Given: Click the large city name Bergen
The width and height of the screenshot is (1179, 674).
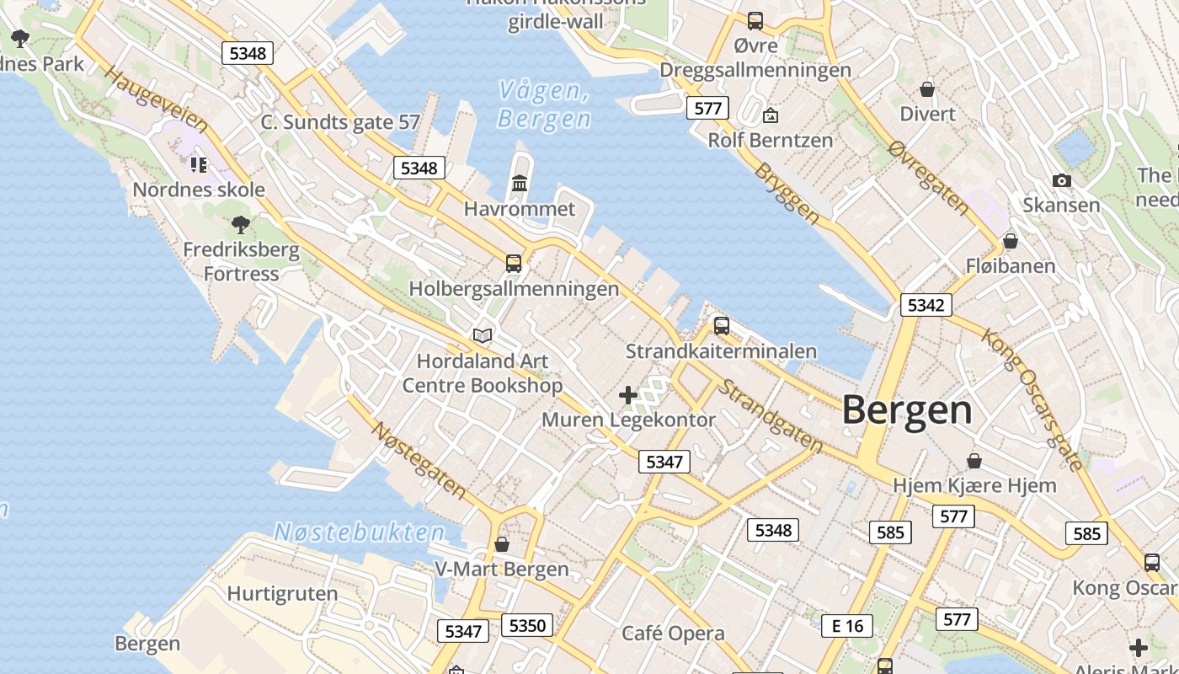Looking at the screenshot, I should (x=907, y=411).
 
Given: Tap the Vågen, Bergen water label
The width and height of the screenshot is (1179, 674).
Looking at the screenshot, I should (x=544, y=104).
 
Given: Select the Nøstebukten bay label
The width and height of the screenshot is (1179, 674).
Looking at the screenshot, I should (x=360, y=532).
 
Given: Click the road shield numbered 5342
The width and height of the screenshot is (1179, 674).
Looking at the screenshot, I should (x=926, y=305).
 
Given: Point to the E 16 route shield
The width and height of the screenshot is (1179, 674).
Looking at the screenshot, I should (x=847, y=625).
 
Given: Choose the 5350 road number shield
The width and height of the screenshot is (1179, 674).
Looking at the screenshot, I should (x=528, y=625).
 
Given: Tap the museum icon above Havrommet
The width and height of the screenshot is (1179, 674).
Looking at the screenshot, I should (x=520, y=183).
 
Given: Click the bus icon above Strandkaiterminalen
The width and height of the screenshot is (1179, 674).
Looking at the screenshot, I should (x=721, y=326).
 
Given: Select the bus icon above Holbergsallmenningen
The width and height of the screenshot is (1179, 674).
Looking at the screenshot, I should (x=514, y=264).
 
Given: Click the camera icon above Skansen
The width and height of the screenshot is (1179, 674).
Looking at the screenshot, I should (x=1061, y=180).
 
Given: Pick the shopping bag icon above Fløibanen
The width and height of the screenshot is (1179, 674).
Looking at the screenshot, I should (x=1011, y=242).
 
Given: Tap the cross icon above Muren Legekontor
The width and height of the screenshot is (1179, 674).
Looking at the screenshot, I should (x=627, y=394).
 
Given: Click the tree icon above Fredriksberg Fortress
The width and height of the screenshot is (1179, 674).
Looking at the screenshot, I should (x=241, y=224).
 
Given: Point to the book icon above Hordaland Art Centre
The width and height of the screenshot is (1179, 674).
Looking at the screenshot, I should (x=483, y=336).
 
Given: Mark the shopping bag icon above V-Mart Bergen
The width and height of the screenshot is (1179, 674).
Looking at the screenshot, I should (x=502, y=544).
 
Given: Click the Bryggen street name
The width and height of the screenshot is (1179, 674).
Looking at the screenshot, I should (x=787, y=193).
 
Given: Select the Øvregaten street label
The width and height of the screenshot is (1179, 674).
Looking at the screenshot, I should (x=928, y=176).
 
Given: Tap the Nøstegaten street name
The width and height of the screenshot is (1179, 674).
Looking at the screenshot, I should (x=419, y=459).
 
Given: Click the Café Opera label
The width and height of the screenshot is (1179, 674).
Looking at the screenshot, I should (x=673, y=634).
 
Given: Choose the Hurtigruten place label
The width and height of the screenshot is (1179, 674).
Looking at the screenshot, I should (x=282, y=593).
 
